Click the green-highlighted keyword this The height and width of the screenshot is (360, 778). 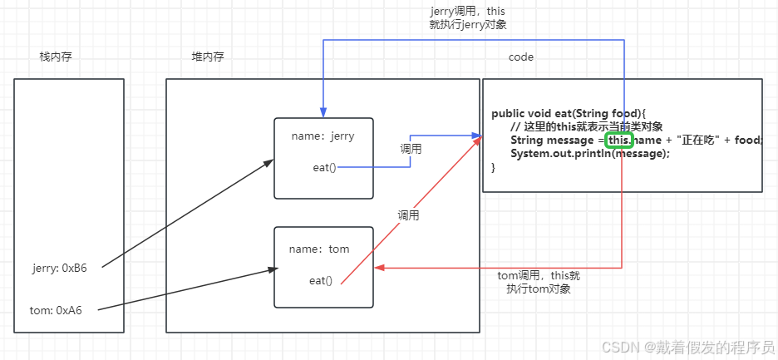tap(620, 141)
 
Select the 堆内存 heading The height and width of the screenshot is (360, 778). tap(207, 57)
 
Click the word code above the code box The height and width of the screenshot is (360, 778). tap(521, 57)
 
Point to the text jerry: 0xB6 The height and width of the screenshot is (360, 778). tap(60, 267)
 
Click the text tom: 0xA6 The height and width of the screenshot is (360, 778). tap(56, 310)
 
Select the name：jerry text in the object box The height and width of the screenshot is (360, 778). tap(323, 136)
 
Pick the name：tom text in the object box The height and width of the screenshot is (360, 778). tap(319, 249)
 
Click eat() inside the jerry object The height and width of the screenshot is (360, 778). tap(324, 167)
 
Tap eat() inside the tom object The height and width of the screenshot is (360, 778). tap(321, 280)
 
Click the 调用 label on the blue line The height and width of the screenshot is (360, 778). tap(411, 149)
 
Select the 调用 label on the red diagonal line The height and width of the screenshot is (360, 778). tap(408, 215)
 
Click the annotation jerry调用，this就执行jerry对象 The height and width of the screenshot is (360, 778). tap(468, 18)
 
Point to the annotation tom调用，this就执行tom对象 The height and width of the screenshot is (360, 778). tap(539, 282)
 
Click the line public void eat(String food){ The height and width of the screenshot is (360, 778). tap(569, 113)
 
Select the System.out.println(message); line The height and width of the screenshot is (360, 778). tap(589, 154)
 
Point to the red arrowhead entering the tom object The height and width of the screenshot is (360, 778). tap(380, 268)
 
